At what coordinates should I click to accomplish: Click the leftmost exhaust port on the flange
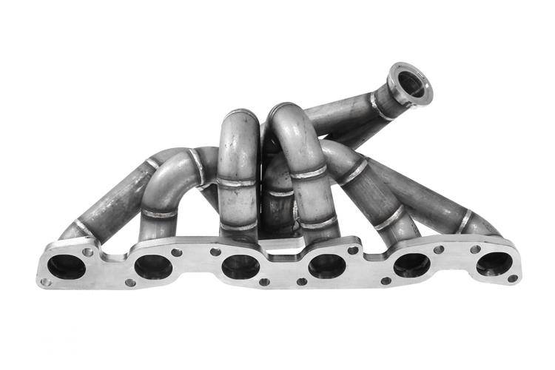pyautogui.click(x=67, y=266)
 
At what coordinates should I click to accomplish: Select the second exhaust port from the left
pyautogui.click(x=153, y=266)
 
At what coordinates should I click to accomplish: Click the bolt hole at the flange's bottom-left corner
pyautogui.click(x=46, y=282)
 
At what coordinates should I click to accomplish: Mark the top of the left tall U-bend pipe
pyautogui.click(x=238, y=116)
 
